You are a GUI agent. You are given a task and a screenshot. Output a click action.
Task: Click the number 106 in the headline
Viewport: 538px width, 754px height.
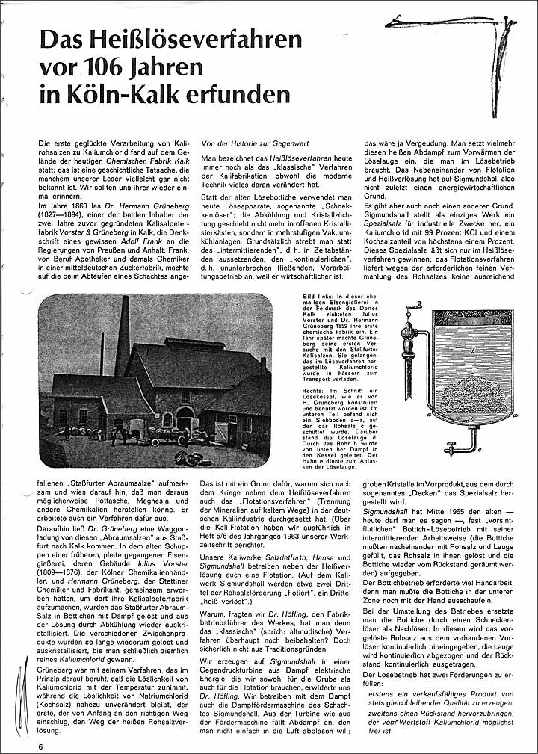(x=122, y=67)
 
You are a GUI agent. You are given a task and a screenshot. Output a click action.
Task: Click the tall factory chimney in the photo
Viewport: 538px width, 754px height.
(x=123, y=336)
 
